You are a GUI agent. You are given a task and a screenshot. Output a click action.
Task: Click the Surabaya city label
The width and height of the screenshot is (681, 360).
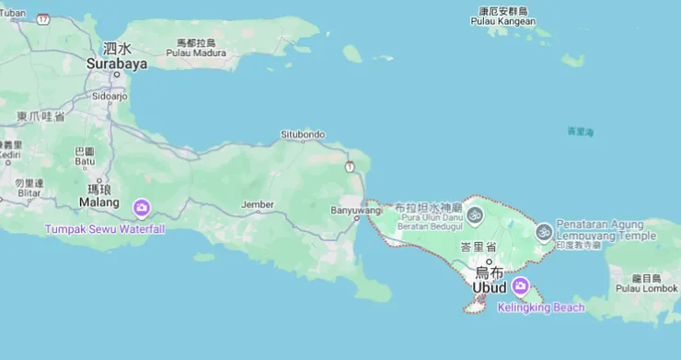coord(117,64)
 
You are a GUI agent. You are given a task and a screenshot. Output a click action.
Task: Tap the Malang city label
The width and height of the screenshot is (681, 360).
coord(98,202)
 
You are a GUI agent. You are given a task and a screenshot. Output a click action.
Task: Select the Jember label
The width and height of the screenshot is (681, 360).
coord(257,204)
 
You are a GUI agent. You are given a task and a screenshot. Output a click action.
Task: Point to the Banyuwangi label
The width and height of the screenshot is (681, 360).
coord(355,210)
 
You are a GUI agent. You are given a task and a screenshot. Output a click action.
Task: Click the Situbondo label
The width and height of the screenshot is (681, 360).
coord(303,134)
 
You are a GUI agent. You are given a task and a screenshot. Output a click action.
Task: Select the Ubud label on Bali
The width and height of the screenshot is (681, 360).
coord(490,288)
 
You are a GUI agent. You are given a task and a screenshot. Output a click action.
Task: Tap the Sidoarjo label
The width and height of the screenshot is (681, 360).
coord(110,96)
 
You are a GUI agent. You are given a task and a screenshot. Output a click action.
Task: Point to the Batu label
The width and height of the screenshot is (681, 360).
coord(85,161)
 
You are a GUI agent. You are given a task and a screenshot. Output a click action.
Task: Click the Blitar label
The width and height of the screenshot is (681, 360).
coord(29,192)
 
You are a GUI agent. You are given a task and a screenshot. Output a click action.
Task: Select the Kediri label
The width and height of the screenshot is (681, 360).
coord(10,156)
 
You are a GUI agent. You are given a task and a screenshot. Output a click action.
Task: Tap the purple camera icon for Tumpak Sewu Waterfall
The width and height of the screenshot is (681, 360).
coord(142,208)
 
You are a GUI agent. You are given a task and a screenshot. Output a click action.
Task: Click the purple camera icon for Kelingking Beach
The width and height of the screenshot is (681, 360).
coord(521,286)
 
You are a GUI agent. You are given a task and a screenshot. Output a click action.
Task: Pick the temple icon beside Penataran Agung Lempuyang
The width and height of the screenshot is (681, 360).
coord(544,231)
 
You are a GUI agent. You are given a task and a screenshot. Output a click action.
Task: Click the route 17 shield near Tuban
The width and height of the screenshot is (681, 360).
coord(43,18)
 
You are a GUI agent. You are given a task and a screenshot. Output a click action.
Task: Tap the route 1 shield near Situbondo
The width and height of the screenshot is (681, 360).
coord(350,167)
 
